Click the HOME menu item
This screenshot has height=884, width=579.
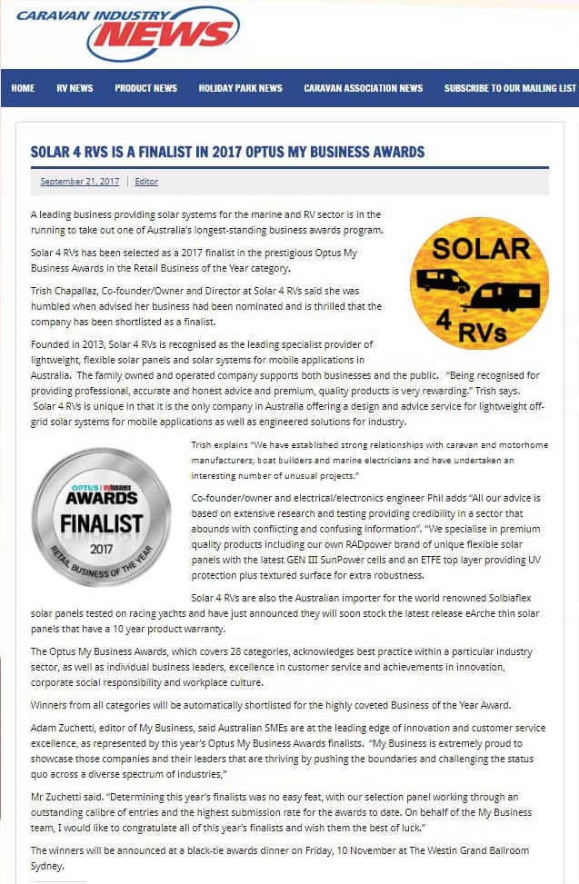[23, 88]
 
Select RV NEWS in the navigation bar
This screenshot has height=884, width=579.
[75, 88]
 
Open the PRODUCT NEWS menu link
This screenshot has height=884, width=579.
[145, 88]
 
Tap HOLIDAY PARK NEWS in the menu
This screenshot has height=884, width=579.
[240, 88]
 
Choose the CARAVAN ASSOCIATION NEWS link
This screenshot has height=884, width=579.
[363, 88]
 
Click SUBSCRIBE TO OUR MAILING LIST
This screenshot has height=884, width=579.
[509, 88]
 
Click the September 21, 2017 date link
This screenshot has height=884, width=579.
[79, 182]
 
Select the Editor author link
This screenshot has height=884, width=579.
[146, 182]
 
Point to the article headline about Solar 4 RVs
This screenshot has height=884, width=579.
[227, 152]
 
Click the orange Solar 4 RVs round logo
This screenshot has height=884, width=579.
[480, 283]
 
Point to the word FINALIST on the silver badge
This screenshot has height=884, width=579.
[101, 522]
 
